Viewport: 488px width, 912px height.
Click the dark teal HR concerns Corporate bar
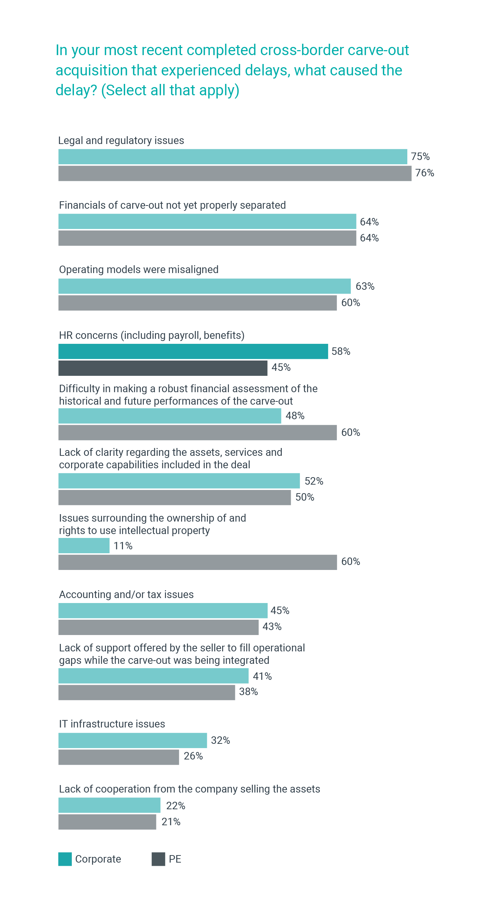[193, 351]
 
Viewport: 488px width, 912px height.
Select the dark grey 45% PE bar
[163, 368]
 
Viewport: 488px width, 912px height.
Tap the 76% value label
[424, 173]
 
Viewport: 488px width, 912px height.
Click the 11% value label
[123, 546]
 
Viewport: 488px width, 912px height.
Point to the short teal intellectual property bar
[84, 545]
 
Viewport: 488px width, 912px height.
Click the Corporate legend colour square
[65, 859]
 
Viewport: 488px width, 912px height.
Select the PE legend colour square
[158, 859]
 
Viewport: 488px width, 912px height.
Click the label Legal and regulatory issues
[121, 140]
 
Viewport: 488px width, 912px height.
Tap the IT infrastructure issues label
[112, 724]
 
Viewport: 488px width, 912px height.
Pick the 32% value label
[220, 740]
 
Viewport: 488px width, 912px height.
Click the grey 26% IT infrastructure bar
[119, 757]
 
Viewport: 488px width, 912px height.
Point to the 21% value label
[171, 822]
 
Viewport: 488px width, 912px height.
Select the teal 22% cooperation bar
[109, 805]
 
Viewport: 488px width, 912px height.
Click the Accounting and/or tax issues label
[126, 594]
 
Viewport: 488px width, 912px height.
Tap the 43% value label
[272, 626]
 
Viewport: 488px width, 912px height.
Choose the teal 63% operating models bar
[204, 286]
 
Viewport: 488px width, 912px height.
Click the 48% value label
[295, 416]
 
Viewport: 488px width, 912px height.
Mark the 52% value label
[314, 481]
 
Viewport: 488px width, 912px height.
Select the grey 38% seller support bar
[146, 692]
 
